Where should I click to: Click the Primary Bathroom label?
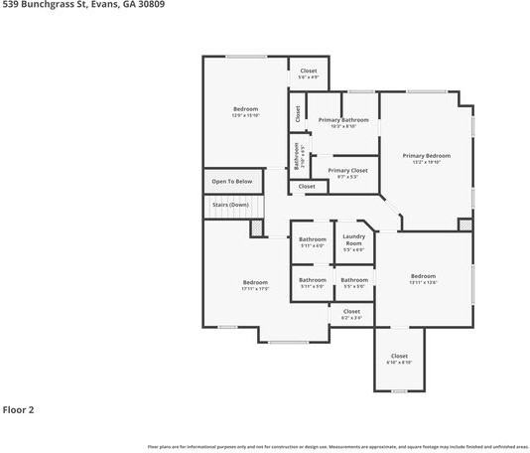point(343,120)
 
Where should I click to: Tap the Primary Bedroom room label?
point(426,156)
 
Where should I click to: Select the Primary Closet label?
point(347,170)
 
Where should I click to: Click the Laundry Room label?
point(353,239)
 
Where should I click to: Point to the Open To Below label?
point(231,182)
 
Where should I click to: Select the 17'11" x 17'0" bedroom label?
point(255,283)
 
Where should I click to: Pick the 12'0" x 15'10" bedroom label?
point(245,109)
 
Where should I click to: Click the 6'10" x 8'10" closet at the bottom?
point(399,357)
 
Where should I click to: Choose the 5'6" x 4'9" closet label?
point(309,72)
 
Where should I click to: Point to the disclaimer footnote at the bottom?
point(337,446)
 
